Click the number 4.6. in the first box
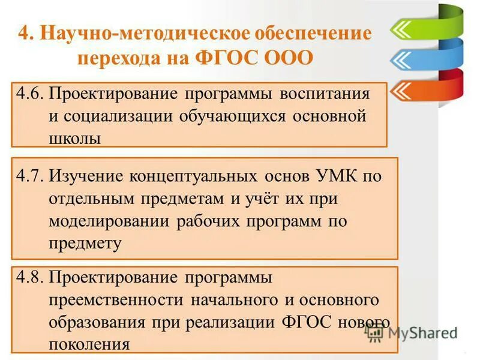(x=29, y=94)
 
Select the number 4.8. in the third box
(x=29, y=278)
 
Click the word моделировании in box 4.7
(x=110, y=221)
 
